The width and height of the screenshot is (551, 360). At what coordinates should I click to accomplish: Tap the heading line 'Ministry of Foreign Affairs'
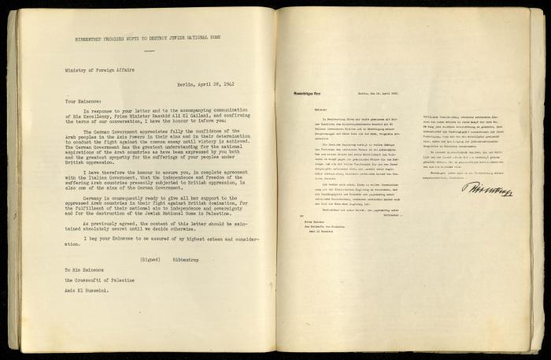click(95, 69)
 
